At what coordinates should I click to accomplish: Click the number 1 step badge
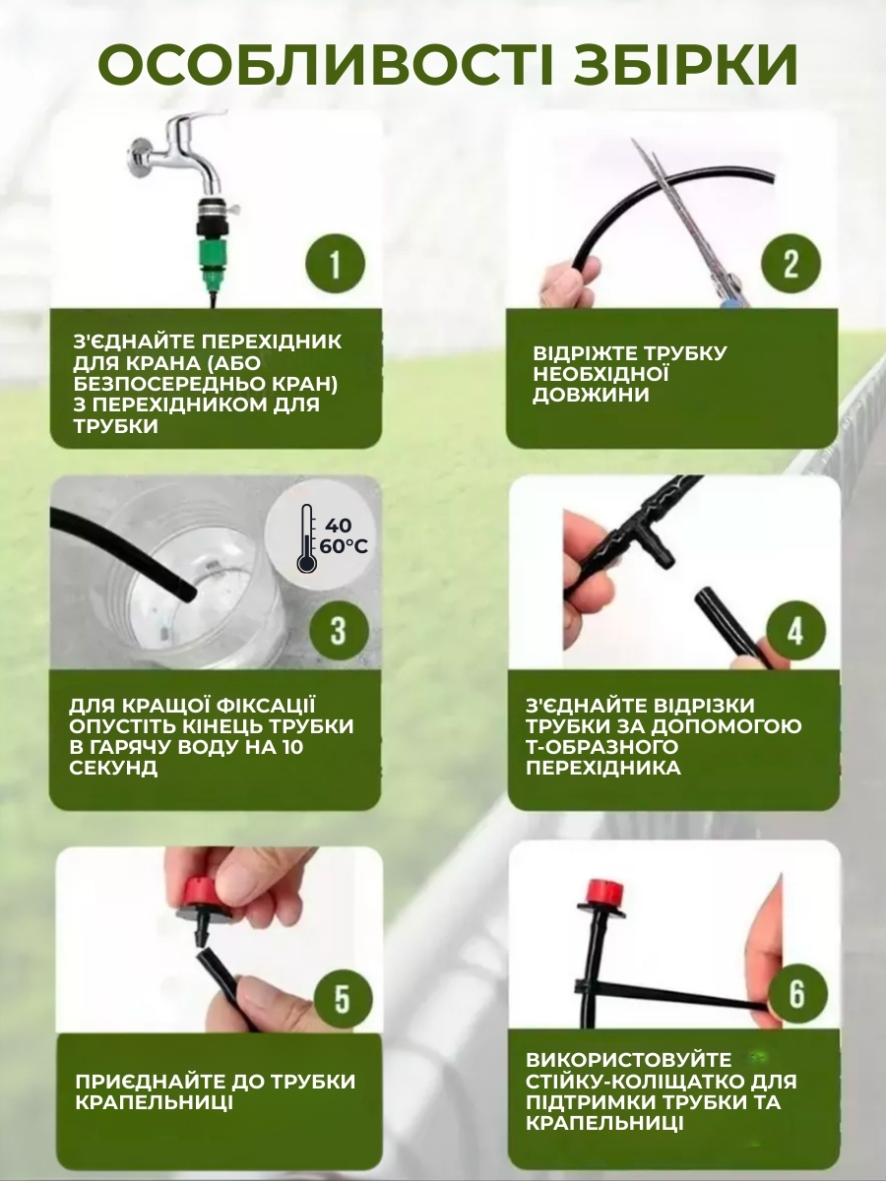tap(335, 264)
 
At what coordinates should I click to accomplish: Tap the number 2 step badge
tap(791, 263)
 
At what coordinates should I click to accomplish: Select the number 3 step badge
tap(339, 631)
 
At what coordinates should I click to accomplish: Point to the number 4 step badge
tap(795, 631)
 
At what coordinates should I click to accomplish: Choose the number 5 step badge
tap(343, 1000)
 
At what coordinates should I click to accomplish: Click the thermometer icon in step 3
tap(307, 538)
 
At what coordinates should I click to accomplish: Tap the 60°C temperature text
tap(344, 547)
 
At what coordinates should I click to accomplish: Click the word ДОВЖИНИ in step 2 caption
tap(590, 394)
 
